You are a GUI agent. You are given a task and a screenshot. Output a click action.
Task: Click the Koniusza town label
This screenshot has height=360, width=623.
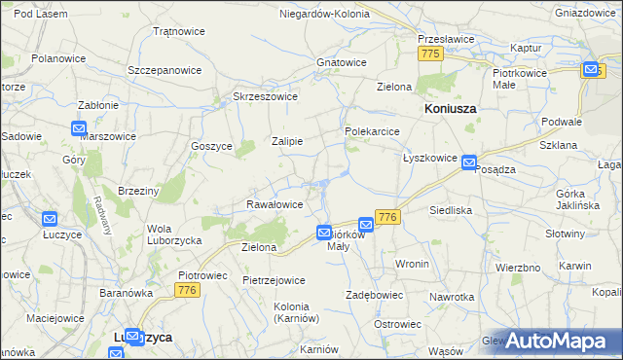pyautogui.click(x=451, y=110)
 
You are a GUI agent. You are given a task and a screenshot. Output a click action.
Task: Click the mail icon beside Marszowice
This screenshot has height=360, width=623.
pyautogui.click(x=79, y=128)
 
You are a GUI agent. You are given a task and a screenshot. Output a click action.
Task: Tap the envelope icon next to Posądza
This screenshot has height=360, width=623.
pyautogui.click(x=469, y=162)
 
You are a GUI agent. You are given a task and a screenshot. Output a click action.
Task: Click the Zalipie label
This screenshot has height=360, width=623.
pyautogui.click(x=287, y=141)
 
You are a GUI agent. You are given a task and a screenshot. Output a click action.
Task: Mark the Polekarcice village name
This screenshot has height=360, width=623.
pyautogui.click(x=372, y=130)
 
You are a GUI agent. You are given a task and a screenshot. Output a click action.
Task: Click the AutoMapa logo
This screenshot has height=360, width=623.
pyautogui.click(x=558, y=341)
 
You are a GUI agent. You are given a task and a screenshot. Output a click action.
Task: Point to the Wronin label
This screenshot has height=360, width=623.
pyautogui.click(x=413, y=265)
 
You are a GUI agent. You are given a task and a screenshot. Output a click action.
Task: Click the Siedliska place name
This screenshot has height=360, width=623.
pyautogui.click(x=451, y=210)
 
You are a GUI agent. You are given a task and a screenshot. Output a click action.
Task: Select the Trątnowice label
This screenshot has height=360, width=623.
pyautogui.click(x=179, y=31)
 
